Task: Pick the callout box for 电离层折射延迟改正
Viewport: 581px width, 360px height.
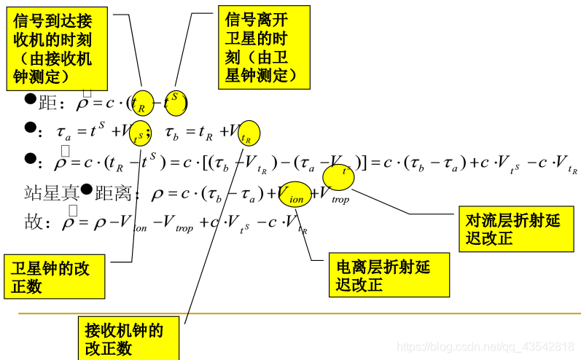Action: pyautogui.click(x=389, y=275)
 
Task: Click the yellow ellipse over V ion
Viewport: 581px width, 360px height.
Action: pyautogui.click(x=296, y=194)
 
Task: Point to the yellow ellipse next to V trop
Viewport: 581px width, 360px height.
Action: pyautogui.click(x=338, y=177)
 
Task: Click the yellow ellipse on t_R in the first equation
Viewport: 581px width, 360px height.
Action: pyautogui.click(x=143, y=103)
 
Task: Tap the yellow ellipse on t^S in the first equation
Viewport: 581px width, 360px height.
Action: pyautogui.click(x=175, y=101)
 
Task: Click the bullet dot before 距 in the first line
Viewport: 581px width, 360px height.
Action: pyautogui.click(x=31, y=99)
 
